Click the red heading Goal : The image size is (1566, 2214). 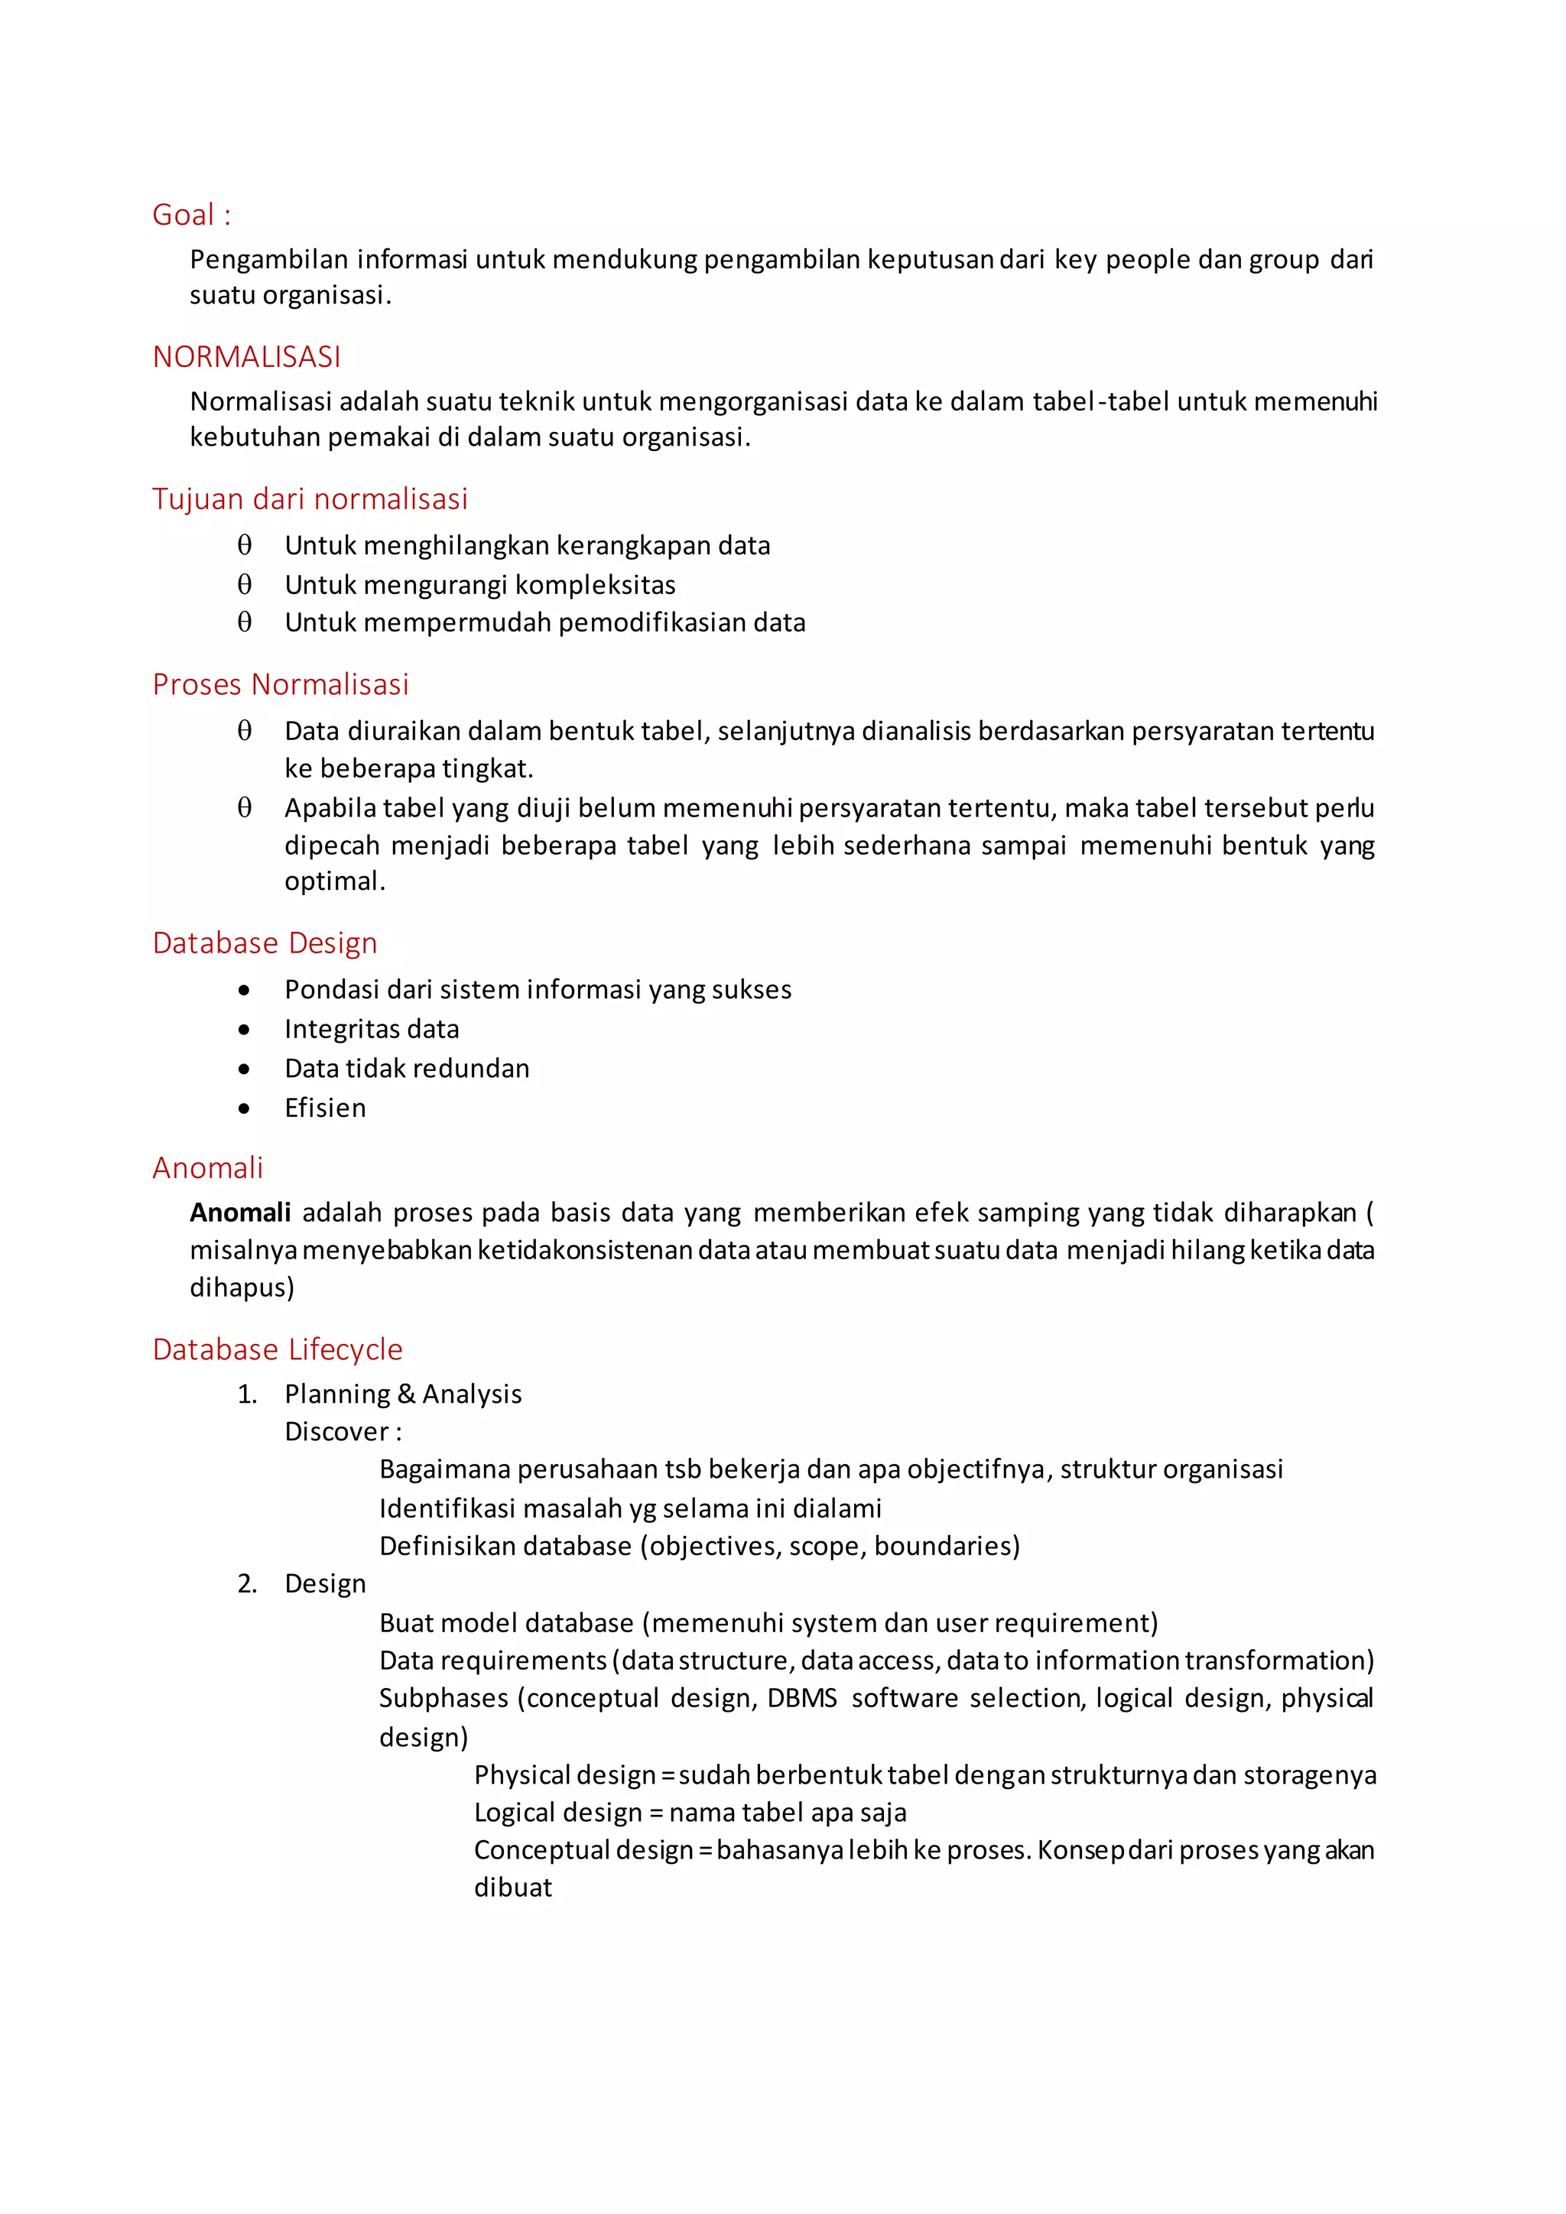click(191, 215)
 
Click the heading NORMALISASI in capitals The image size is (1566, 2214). click(246, 357)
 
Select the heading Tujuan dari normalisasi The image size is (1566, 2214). click(310, 498)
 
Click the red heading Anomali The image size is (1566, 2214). click(207, 1167)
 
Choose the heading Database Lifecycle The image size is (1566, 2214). click(277, 1349)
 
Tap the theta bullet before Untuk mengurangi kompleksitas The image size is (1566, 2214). click(244, 584)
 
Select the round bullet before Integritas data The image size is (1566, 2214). click(244, 1030)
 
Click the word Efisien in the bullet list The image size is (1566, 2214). click(325, 1108)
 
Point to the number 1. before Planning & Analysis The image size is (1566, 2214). click(247, 1394)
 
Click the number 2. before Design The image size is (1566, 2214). click(247, 1584)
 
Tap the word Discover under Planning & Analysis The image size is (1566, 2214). click(336, 1432)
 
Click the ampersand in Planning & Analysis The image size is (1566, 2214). click(406, 1394)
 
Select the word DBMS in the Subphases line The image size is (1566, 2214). click(801, 1698)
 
